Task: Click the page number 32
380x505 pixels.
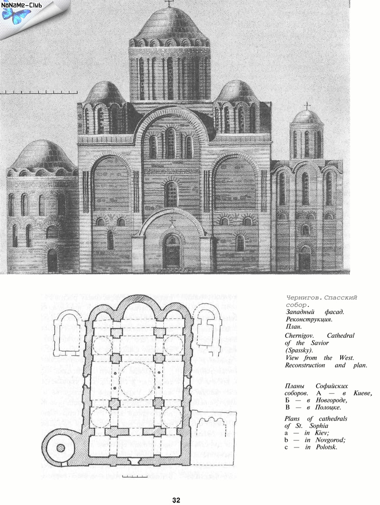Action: [x=176, y=500]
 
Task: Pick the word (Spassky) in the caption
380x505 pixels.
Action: [x=299, y=350]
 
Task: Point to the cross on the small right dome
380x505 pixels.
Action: [x=307, y=106]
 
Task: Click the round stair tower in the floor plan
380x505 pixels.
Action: [x=61, y=447]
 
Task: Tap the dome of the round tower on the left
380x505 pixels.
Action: [x=43, y=156]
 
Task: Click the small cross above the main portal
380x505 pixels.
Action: [x=172, y=221]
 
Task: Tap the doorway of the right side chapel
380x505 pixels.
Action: [x=304, y=260]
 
